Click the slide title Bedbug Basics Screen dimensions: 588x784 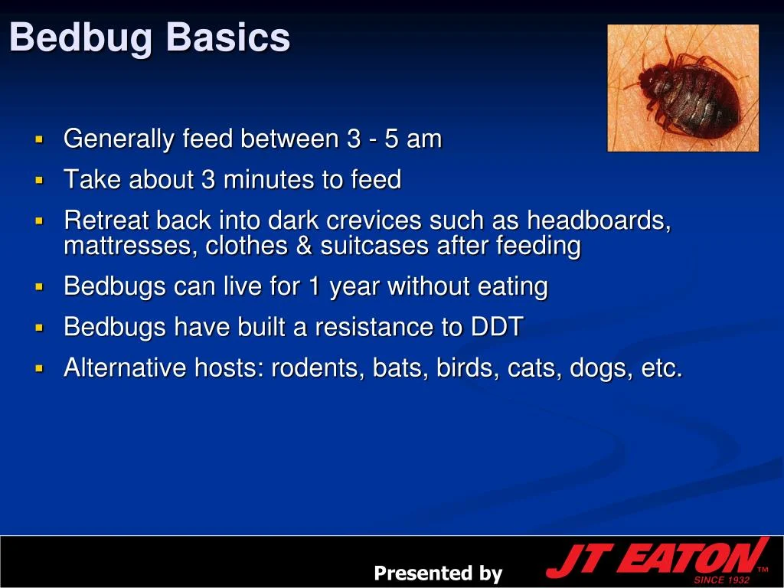point(150,38)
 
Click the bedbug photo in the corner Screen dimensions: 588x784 point(683,88)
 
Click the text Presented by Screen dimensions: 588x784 point(438,573)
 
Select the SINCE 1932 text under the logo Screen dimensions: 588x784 point(721,580)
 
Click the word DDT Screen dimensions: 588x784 point(497,327)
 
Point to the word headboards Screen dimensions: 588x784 point(599,220)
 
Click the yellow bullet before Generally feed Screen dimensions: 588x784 point(39,140)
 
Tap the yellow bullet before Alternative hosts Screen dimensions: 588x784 point(39,369)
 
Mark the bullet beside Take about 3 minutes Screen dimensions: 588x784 point(39,181)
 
